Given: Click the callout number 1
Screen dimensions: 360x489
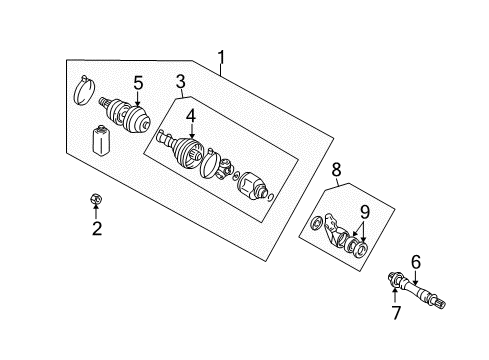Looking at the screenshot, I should pyautogui.click(x=222, y=57).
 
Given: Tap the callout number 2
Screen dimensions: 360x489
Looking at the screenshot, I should pyautogui.click(x=97, y=229).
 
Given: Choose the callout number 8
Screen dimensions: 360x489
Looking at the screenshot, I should pyautogui.click(x=338, y=171).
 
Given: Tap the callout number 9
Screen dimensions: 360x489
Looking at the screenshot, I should pyautogui.click(x=365, y=211).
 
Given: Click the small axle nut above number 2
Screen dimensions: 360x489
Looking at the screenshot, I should pyautogui.click(x=96, y=199).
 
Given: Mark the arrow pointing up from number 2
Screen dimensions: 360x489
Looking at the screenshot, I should pyautogui.click(x=97, y=211).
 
